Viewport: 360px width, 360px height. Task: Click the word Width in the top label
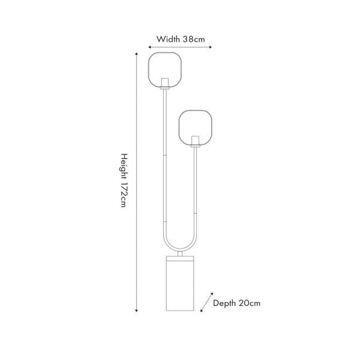pos(169,39)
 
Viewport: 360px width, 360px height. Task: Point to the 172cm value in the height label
pos(123,193)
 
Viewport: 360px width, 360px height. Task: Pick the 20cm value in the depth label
pos(250,303)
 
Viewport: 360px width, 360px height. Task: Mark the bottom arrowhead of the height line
pos(138,310)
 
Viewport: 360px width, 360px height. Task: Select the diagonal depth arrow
pos(206,301)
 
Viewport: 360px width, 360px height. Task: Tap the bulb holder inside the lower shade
pos(194,140)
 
